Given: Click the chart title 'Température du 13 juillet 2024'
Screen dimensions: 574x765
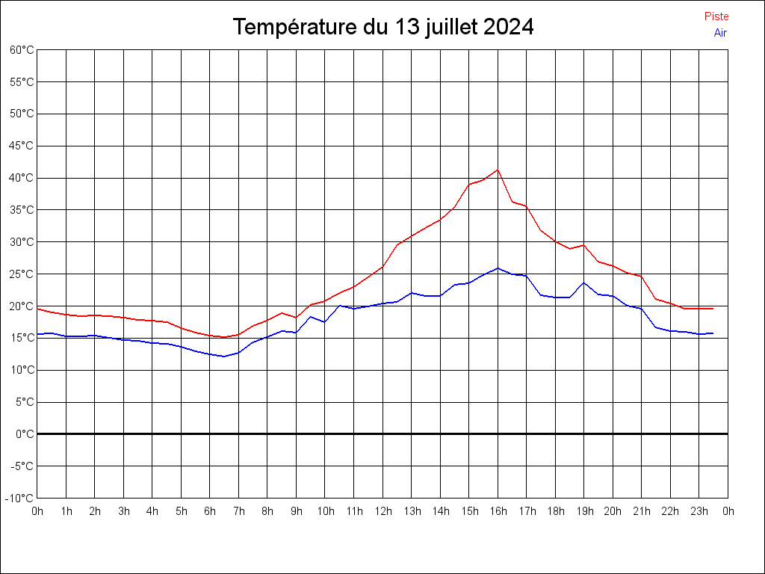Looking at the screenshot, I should [x=382, y=27].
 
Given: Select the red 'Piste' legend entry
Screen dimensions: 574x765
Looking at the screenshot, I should [x=716, y=16].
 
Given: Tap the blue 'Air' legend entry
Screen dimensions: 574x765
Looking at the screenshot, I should [x=720, y=33].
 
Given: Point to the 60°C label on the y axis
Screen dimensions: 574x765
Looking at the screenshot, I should [x=22, y=50].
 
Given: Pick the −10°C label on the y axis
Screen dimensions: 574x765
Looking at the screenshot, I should [x=20, y=498].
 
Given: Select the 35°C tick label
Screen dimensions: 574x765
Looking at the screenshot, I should [x=22, y=210].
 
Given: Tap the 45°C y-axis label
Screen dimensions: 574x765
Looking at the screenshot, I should [x=22, y=146].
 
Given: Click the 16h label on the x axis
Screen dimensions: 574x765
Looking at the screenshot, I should [x=498, y=511].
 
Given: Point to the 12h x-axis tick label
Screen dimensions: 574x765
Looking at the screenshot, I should [x=383, y=511].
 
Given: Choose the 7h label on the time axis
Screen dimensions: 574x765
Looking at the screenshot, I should [x=239, y=511].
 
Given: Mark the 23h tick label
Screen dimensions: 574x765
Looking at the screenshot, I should [x=699, y=511].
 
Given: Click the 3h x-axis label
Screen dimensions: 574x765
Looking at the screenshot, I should [x=124, y=511].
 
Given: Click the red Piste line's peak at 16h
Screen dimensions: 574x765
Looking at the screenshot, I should [x=498, y=170].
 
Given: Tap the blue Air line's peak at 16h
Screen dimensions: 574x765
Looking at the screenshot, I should [x=498, y=268].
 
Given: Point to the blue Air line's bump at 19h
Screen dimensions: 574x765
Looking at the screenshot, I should [x=584, y=283].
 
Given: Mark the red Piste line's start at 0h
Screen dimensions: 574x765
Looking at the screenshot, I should [x=38, y=309].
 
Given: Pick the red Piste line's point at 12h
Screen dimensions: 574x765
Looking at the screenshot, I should [x=382, y=266].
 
